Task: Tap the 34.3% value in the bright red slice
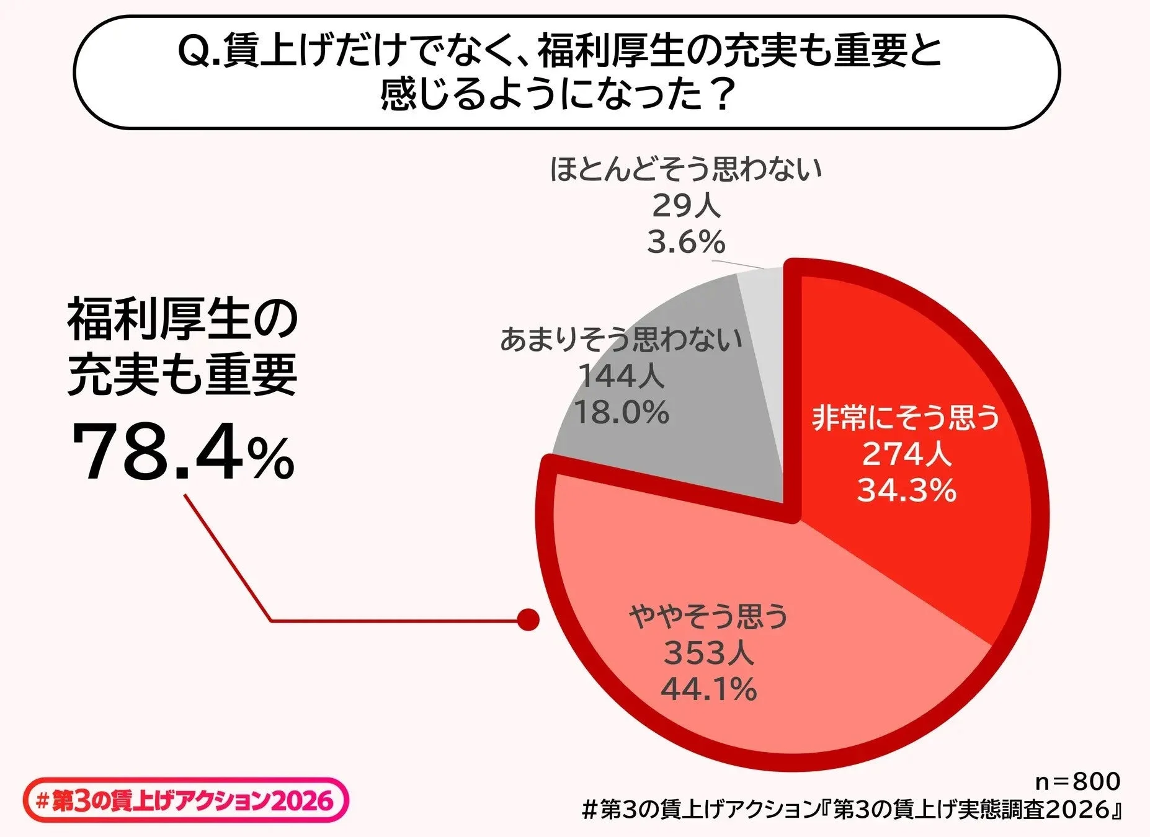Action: (907, 490)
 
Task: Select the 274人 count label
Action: (907, 454)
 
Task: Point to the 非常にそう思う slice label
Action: (907, 417)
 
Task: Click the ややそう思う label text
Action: (708, 616)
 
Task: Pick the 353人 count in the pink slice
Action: (708, 653)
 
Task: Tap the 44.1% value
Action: (708, 689)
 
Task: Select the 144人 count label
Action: (621, 376)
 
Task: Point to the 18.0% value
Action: (621, 412)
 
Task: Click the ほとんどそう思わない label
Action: (685, 169)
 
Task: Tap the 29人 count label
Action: (685, 206)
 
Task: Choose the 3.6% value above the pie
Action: (685, 242)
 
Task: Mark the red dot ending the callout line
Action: (528, 619)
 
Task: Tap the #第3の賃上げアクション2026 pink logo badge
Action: (185, 801)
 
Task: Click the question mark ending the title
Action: (721, 95)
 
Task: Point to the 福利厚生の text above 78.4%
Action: (183, 321)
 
